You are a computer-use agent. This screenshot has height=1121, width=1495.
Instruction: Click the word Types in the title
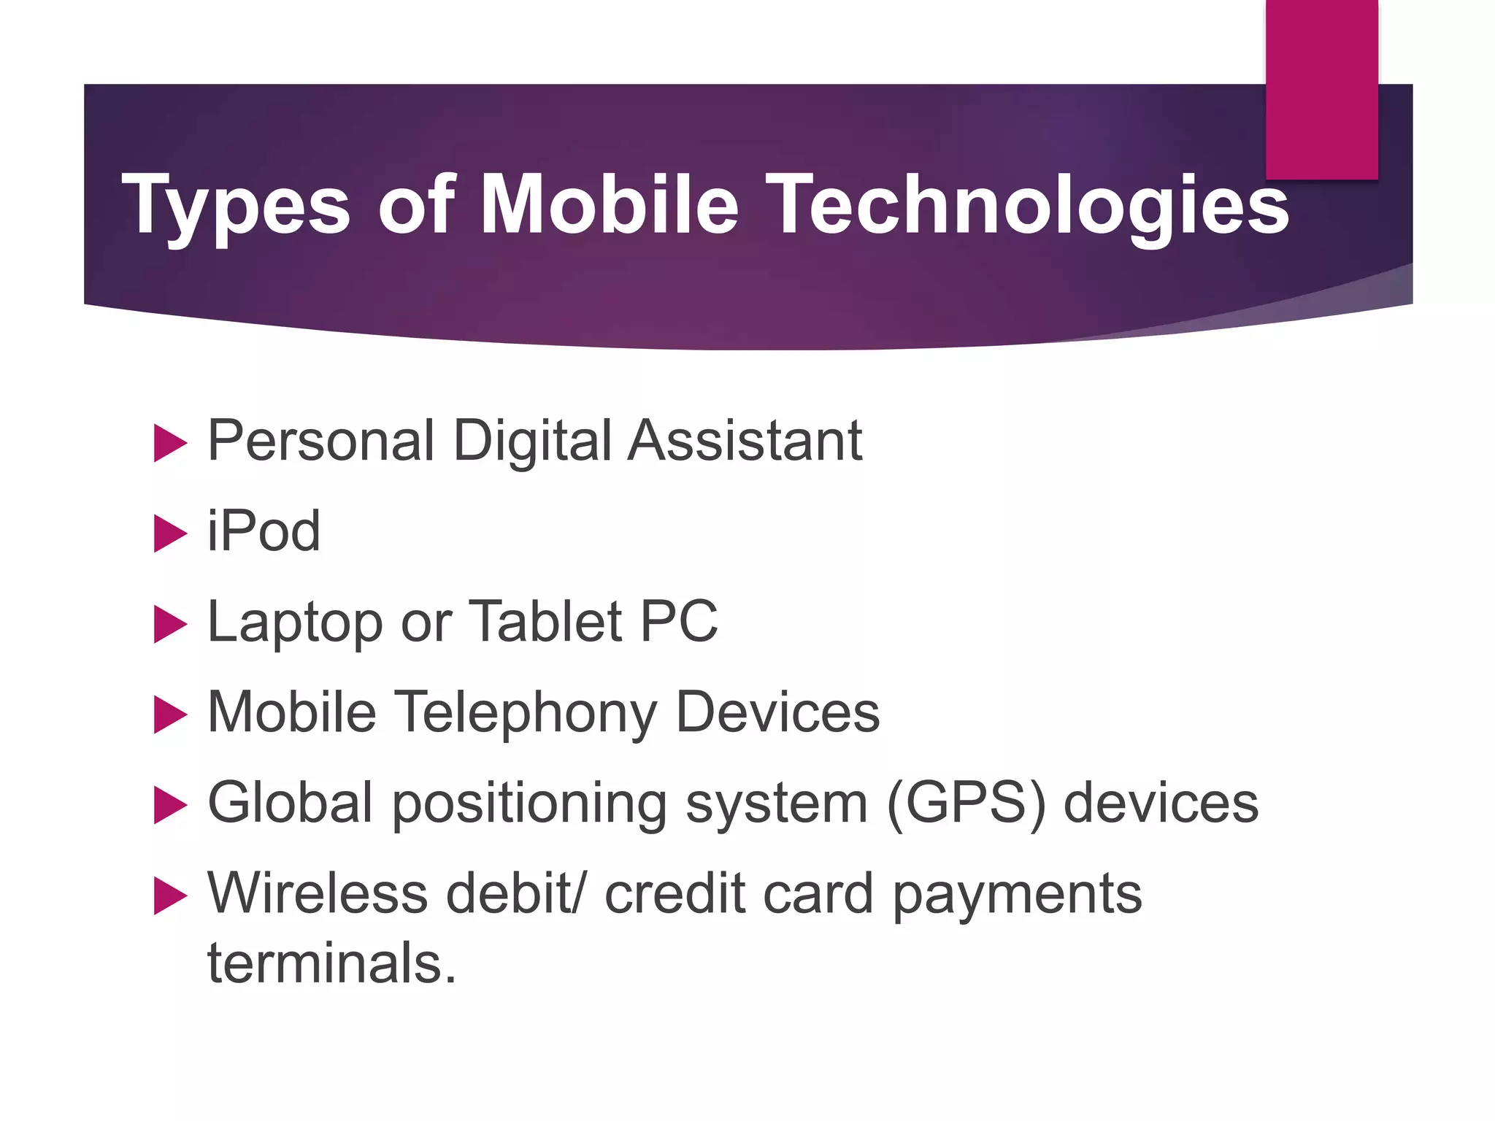coord(235,206)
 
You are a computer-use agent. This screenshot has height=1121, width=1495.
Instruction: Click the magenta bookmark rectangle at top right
coord(1321,89)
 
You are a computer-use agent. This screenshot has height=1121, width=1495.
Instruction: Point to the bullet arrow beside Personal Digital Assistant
coord(171,444)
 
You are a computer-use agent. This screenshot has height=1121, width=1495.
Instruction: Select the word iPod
coord(264,531)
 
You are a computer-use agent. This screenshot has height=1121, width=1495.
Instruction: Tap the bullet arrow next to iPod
coord(171,534)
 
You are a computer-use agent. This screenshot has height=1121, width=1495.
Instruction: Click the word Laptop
coord(295,623)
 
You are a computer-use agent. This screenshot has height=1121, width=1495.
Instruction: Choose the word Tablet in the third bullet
coord(545,621)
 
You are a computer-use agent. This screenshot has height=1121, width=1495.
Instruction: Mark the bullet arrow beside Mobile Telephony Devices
coord(171,715)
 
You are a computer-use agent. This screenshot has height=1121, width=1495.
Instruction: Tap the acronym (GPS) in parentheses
coord(966,804)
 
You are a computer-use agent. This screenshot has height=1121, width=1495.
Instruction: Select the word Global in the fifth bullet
coord(291,802)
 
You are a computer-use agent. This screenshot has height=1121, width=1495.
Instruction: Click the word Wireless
coord(318,893)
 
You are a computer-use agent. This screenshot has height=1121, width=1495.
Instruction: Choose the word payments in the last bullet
coord(1017,894)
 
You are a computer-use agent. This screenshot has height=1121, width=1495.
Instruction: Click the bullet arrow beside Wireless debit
coord(171,896)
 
